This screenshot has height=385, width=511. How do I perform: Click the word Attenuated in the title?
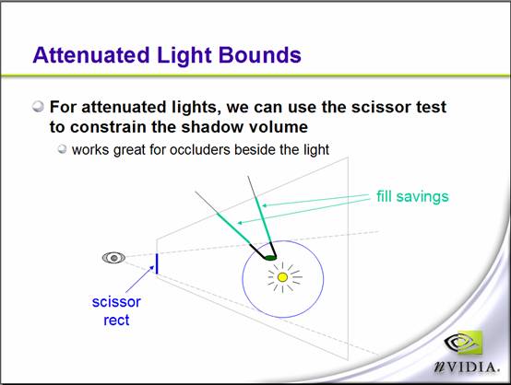coord(91,54)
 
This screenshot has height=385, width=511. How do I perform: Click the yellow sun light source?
coord(282,277)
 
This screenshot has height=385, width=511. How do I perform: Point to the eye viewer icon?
coord(113,258)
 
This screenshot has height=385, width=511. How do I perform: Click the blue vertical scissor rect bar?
coord(157,263)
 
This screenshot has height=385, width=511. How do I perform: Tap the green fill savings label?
coord(412,196)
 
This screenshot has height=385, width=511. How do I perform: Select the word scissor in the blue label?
coord(116,302)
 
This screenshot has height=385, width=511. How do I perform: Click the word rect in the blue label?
coord(116,320)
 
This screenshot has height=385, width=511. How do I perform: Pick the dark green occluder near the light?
coord(270,258)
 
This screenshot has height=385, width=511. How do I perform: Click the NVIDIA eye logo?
coord(463,343)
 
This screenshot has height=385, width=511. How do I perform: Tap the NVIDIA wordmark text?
coord(467,367)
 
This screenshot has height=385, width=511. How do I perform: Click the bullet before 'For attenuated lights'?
coord(38,107)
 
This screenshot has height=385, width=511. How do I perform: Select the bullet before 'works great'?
coord(62,149)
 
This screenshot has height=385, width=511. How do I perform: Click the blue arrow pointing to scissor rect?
coord(140,279)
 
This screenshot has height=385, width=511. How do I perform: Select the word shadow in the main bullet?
coord(212,126)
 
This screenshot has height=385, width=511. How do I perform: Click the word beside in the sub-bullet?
coord(255,150)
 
